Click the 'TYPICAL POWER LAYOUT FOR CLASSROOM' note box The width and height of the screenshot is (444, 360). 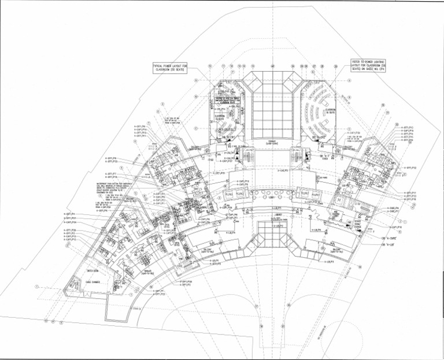click(x=172, y=68)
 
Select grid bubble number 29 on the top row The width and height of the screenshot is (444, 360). click(x=335, y=66)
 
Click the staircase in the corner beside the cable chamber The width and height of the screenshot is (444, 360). click(x=75, y=285)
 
